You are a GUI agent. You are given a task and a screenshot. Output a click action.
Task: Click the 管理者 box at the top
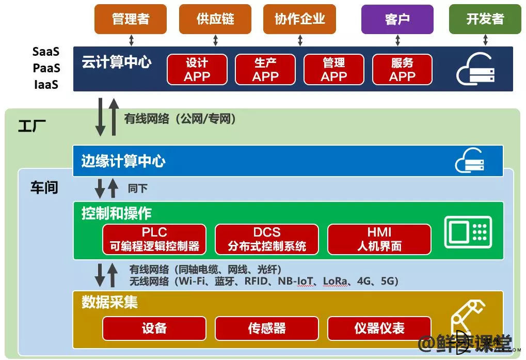tap(131, 19)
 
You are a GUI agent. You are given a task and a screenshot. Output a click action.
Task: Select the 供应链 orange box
tap(215, 19)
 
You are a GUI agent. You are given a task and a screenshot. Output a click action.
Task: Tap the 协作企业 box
tap(299, 19)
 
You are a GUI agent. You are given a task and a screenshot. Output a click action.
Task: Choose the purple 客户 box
tap(397, 20)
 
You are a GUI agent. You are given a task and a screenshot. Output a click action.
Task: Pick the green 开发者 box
tap(485, 20)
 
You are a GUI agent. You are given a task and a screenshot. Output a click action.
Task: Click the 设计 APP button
tap(197, 69)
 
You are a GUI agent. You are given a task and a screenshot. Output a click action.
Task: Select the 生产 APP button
tap(265, 69)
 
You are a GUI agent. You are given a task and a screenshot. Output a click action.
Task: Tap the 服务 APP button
tap(402, 69)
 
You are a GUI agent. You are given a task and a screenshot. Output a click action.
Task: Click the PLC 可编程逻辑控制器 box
tap(154, 239)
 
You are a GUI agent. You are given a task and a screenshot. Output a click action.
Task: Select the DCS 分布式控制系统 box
tap(267, 239)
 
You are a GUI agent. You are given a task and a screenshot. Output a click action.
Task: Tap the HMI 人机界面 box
tap(379, 239)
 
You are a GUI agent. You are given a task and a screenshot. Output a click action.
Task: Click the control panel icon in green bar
tap(468, 232)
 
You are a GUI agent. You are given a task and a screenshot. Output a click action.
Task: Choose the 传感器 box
tap(267, 328)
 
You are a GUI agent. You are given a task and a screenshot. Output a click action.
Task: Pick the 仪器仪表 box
tap(379, 328)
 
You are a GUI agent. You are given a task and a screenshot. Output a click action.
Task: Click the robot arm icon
tap(468, 319)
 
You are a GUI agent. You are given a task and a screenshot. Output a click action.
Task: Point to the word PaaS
tap(46, 68)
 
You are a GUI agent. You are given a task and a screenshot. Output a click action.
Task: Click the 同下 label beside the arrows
tap(137, 188)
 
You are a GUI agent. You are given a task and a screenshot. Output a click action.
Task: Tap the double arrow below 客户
tap(397, 40)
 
